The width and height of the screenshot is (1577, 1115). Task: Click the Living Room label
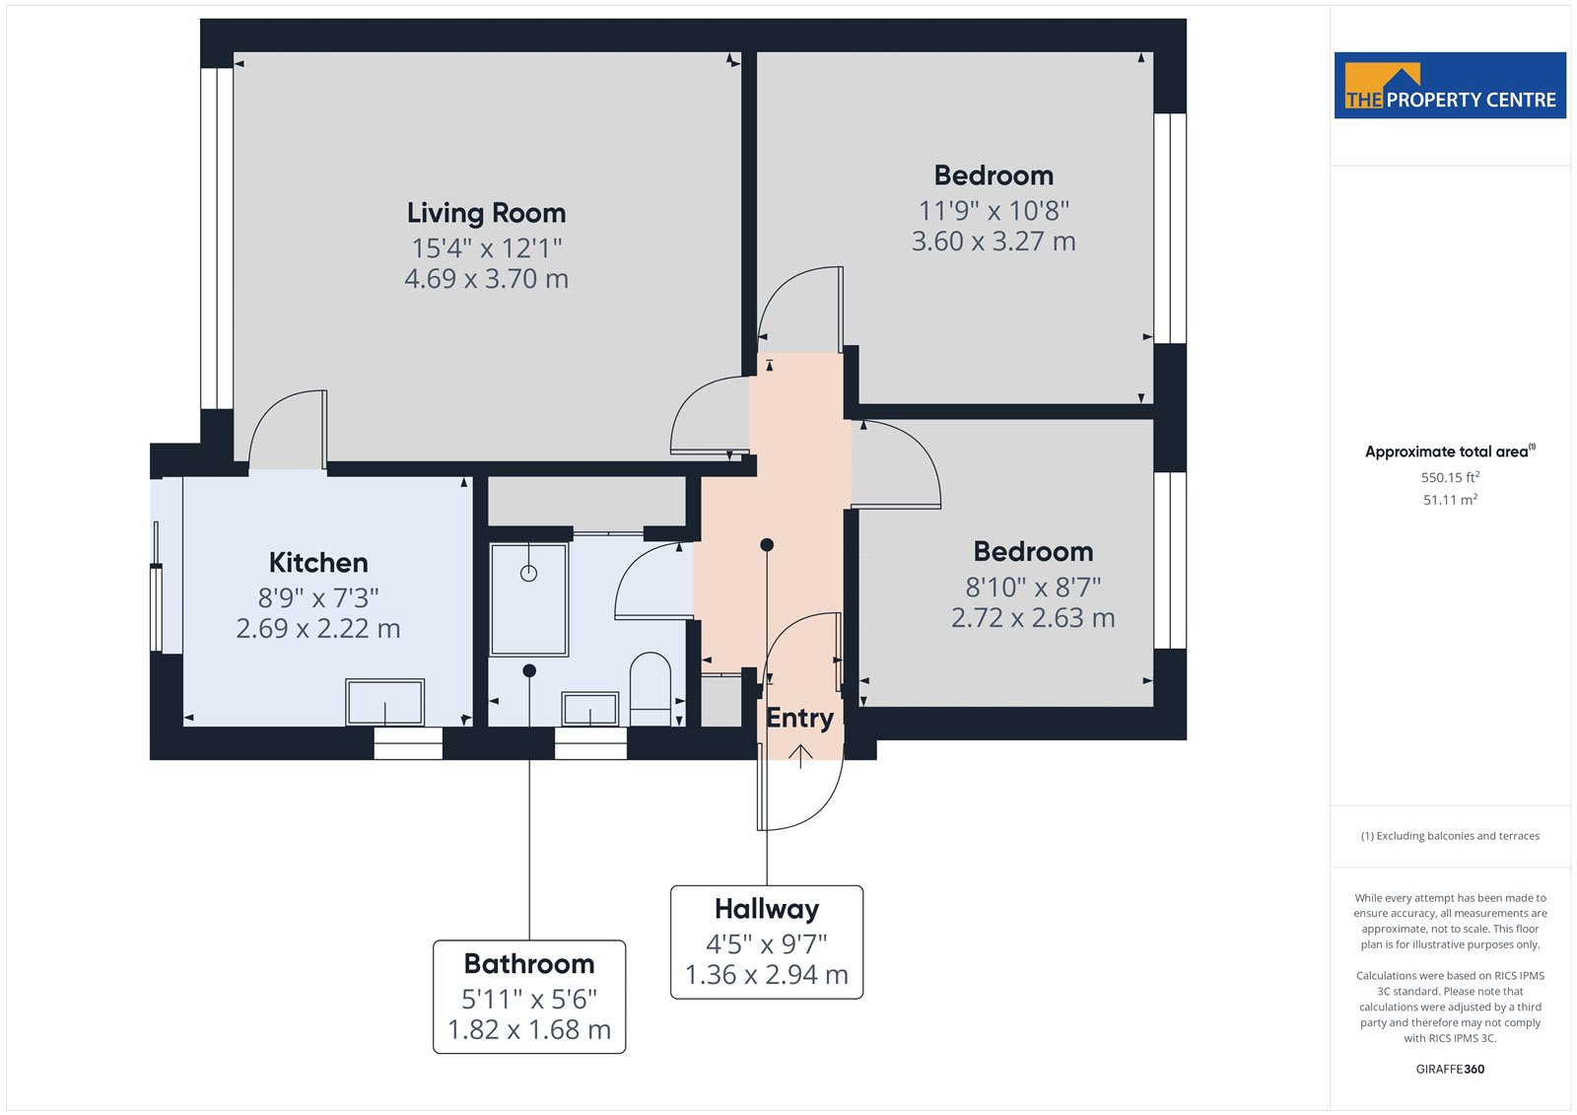coord(486,213)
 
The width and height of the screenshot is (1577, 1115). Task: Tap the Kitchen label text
coord(318,563)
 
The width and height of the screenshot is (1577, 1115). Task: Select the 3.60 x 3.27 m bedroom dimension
coord(994,242)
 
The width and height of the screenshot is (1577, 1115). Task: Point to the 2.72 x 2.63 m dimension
coord(1033,618)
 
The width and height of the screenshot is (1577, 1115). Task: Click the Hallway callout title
coord(767,909)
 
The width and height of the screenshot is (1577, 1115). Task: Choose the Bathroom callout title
coord(528,963)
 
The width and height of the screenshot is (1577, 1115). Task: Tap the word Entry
coord(799,719)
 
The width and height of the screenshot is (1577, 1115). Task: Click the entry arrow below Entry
coord(800,756)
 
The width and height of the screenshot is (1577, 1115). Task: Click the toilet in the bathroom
coord(650,689)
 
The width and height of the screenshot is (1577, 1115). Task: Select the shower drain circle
coord(528,574)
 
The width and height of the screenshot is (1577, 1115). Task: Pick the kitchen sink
coord(384,702)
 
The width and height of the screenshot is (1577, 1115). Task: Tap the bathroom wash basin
coord(590,708)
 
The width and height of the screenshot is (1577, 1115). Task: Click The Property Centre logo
coord(1450,85)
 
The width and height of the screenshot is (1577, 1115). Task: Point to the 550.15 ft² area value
coord(1450,477)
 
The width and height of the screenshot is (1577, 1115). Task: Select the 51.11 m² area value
coord(1450,500)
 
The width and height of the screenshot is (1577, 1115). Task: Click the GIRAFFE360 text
coord(1450,1070)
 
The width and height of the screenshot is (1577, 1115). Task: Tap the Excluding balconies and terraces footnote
coord(1450,836)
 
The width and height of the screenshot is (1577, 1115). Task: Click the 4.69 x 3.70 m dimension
coord(486,279)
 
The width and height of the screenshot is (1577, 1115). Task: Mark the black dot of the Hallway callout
coord(767,544)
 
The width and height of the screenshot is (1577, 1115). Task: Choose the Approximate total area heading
coord(1450,452)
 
